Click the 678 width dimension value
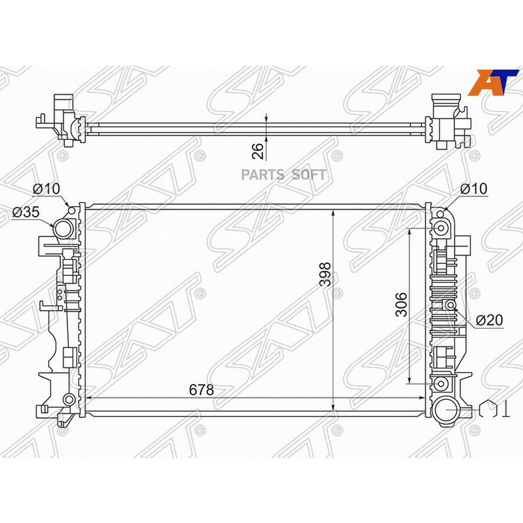click(x=201, y=389)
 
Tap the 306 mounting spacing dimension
click(x=401, y=304)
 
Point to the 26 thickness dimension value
click(x=258, y=151)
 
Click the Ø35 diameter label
click(x=26, y=212)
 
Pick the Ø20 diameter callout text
click(x=489, y=320)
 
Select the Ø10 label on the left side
click(x=46, y=189)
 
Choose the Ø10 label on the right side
click(x=474, y=189)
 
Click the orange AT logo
click(x=493, y=83)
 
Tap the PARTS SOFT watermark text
click(x=284, y=175)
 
